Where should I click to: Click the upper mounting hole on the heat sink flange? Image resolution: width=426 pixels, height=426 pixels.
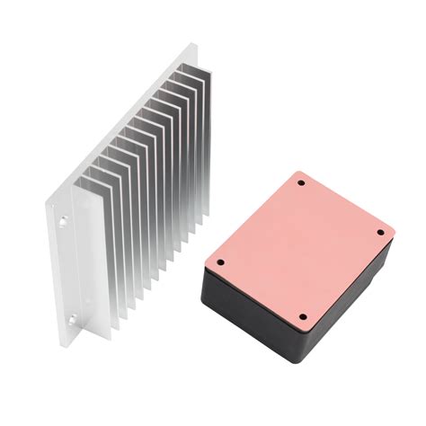point(65,218)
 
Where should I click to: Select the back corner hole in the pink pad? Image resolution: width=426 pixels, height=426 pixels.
point(301,183)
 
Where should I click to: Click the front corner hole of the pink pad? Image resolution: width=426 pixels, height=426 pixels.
point(303,316)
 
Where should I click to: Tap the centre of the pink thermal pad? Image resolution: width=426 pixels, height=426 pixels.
point(299,247)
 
